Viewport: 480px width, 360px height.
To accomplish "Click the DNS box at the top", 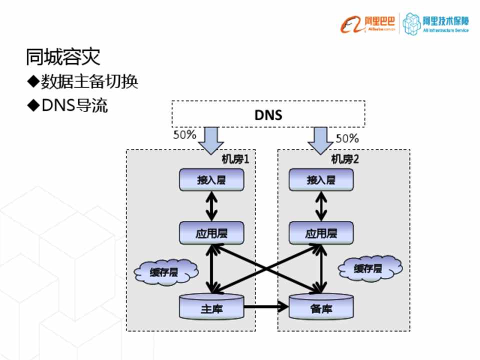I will point(268,114).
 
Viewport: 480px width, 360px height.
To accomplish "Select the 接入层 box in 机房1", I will point(211,179).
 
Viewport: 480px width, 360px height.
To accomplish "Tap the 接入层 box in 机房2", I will point(321,179).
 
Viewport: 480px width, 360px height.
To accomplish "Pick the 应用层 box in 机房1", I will point(211,233).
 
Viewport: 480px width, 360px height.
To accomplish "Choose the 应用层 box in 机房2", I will point(321,233).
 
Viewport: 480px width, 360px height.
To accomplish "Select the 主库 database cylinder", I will point(211,307).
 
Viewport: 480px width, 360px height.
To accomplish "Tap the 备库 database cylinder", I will point(321,307).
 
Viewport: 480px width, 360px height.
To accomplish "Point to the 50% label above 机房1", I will point(184,135).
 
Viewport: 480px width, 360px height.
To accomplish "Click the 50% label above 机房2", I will point(347,138).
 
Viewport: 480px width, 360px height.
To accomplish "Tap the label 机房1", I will point(235,159).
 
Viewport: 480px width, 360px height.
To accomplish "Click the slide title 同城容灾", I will point(63,57).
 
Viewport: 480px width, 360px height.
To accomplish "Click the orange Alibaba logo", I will point(368,24).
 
